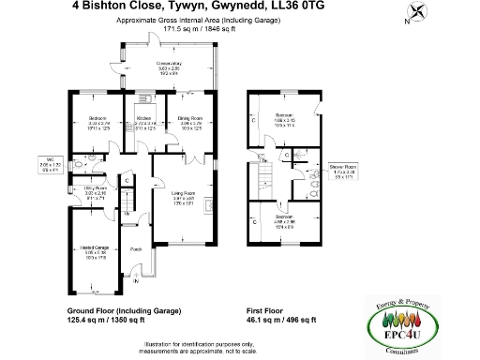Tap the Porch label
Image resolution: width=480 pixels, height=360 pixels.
pos(136,249)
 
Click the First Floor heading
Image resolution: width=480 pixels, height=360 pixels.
pos(267,309)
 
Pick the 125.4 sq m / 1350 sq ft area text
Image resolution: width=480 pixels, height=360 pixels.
pos(106,320)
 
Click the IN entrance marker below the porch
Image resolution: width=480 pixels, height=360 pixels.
pos(135,280)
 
